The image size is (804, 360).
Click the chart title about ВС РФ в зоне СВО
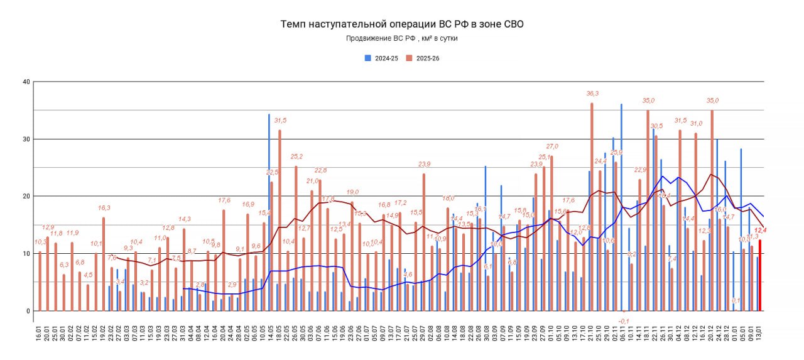click(401, 25)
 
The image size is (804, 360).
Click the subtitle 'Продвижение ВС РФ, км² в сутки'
click(401, 38)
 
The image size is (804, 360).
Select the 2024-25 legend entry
click(383, 58)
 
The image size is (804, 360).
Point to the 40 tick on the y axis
click(26, 82)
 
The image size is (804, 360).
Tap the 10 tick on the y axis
click(26, 253)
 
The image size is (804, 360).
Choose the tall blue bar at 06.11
click(621, 207)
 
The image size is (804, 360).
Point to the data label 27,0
click(551, 146)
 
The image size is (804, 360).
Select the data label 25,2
click(296, 157)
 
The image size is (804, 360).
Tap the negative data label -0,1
click(623, 320)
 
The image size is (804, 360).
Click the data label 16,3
click(104, 208)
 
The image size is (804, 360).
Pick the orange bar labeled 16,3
click(104, 264)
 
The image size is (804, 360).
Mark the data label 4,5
click(88, 275)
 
